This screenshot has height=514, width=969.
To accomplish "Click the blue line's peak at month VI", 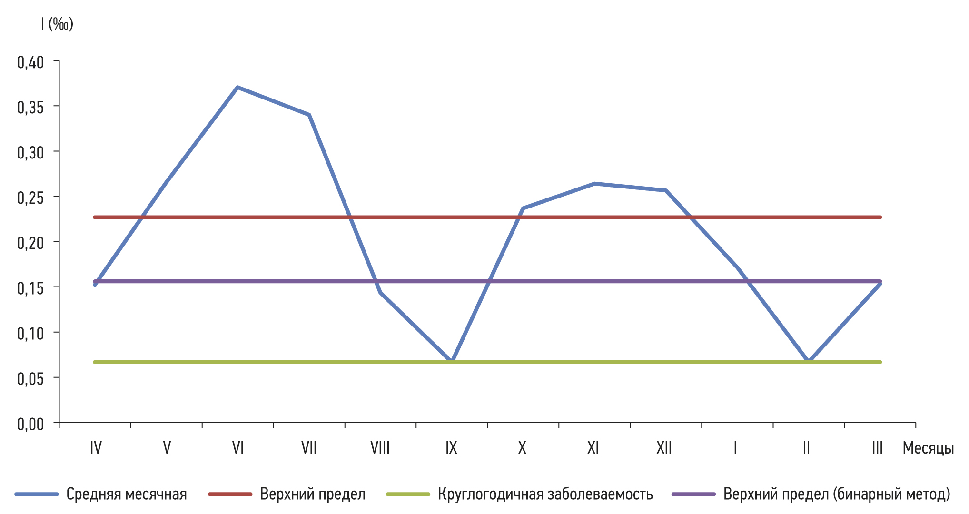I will (x=237, y=88).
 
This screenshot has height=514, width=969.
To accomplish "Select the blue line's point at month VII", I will (x=309, y=115).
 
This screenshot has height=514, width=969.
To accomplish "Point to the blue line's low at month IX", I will (x=451, y=361).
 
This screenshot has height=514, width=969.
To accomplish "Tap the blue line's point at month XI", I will (x=594, y=184).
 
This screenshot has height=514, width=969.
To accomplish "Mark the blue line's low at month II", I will (x=808, y=361).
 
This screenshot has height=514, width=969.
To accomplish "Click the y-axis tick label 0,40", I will (x=30, y=62).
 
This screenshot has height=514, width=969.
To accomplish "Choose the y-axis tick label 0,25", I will (x=30, y=198).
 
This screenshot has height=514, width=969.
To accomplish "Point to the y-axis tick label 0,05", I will (x=30, y=378).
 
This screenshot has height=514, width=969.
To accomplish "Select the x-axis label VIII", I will (x=380, y=448).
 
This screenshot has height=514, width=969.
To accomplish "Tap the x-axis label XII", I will (x=664, y=448).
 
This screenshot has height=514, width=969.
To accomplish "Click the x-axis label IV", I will (x=96, y=448).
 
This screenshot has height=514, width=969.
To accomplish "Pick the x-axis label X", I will (x=522, y=448).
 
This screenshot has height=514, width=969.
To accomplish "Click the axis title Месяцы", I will (x=928, y=448).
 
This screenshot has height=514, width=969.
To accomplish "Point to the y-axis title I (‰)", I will (x=57, y=24).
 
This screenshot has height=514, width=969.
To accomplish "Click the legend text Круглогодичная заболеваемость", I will (x=545, y=494).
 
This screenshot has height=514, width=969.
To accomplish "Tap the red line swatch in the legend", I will (x=230, y=494).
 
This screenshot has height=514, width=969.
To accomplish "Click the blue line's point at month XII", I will (x=665, y=190).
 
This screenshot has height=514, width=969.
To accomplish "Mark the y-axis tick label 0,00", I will (x=30, y=424).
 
